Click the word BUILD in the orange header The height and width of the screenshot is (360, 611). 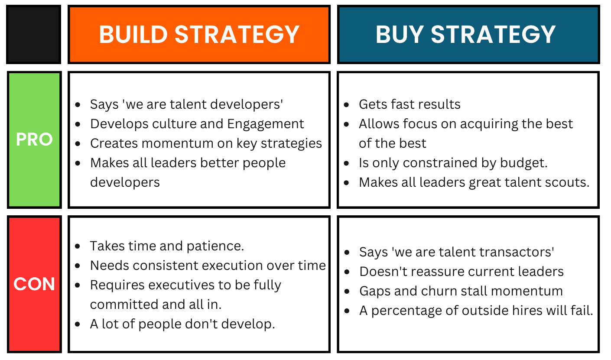(133, 34)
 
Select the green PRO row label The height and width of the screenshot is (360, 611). (34, 139)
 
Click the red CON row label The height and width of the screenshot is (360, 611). (34, 284)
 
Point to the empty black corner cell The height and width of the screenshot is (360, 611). (33, 34)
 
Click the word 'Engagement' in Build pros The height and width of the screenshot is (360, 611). (265, 124)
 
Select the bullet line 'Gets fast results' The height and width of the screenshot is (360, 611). (409, 104)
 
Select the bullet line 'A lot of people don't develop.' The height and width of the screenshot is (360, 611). (182, 324)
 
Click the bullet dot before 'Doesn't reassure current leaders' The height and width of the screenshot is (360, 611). (347, 272)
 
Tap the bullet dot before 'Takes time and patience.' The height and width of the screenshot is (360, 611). (78, 246)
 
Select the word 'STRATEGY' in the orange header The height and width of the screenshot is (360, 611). (237, 34)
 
